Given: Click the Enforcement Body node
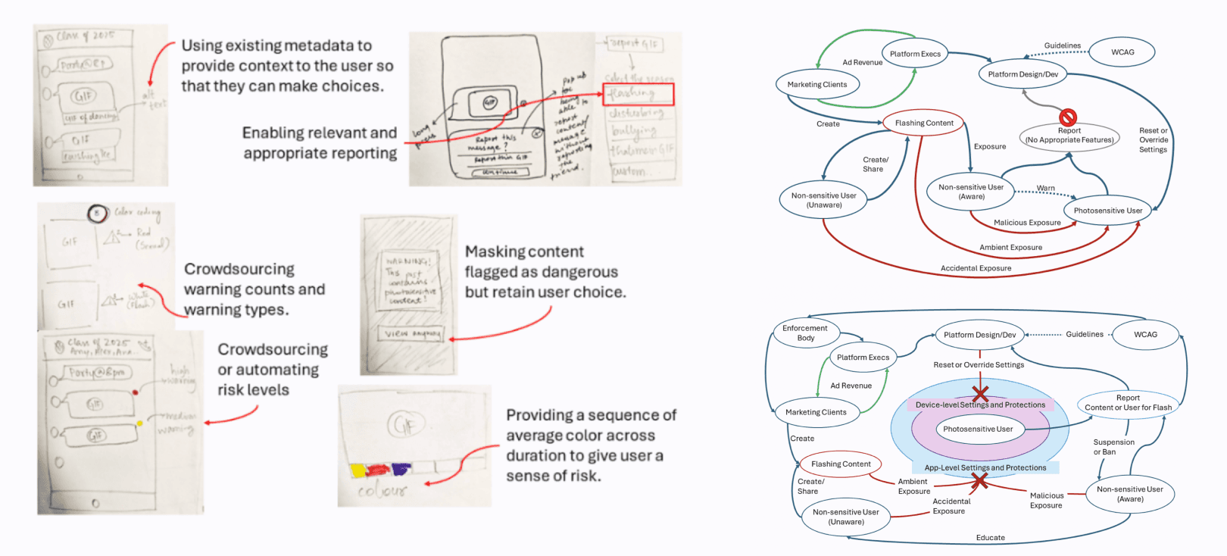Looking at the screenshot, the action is click(x=805, y=333).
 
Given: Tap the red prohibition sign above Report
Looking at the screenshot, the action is click(x=1068, y=117).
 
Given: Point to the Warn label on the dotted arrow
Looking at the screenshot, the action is click(x=1045, y=188).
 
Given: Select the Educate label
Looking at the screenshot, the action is click(x=990, y=538).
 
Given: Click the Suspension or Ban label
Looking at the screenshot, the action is click(x=1113, y=447).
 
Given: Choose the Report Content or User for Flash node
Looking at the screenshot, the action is click(x=1128, y=402).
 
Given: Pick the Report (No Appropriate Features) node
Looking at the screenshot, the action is click(x=1069, y=136).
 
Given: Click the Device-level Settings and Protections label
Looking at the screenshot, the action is click(x=980, y=405).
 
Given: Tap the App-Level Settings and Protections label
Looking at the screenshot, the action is click(x=985, y=467).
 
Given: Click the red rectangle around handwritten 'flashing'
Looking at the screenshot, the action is click(x=638, y=94).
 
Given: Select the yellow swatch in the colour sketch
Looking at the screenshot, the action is click(x=357, y=470).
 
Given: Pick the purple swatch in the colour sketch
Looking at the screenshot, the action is click(x=401, y=470).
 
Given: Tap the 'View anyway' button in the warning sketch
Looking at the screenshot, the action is click(x=412, y=334).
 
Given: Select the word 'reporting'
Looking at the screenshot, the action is click(x=360, y=153).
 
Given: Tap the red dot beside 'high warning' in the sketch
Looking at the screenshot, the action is click(x=135, y=392).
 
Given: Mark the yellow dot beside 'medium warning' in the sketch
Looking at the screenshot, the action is click(x=139, y=423).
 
